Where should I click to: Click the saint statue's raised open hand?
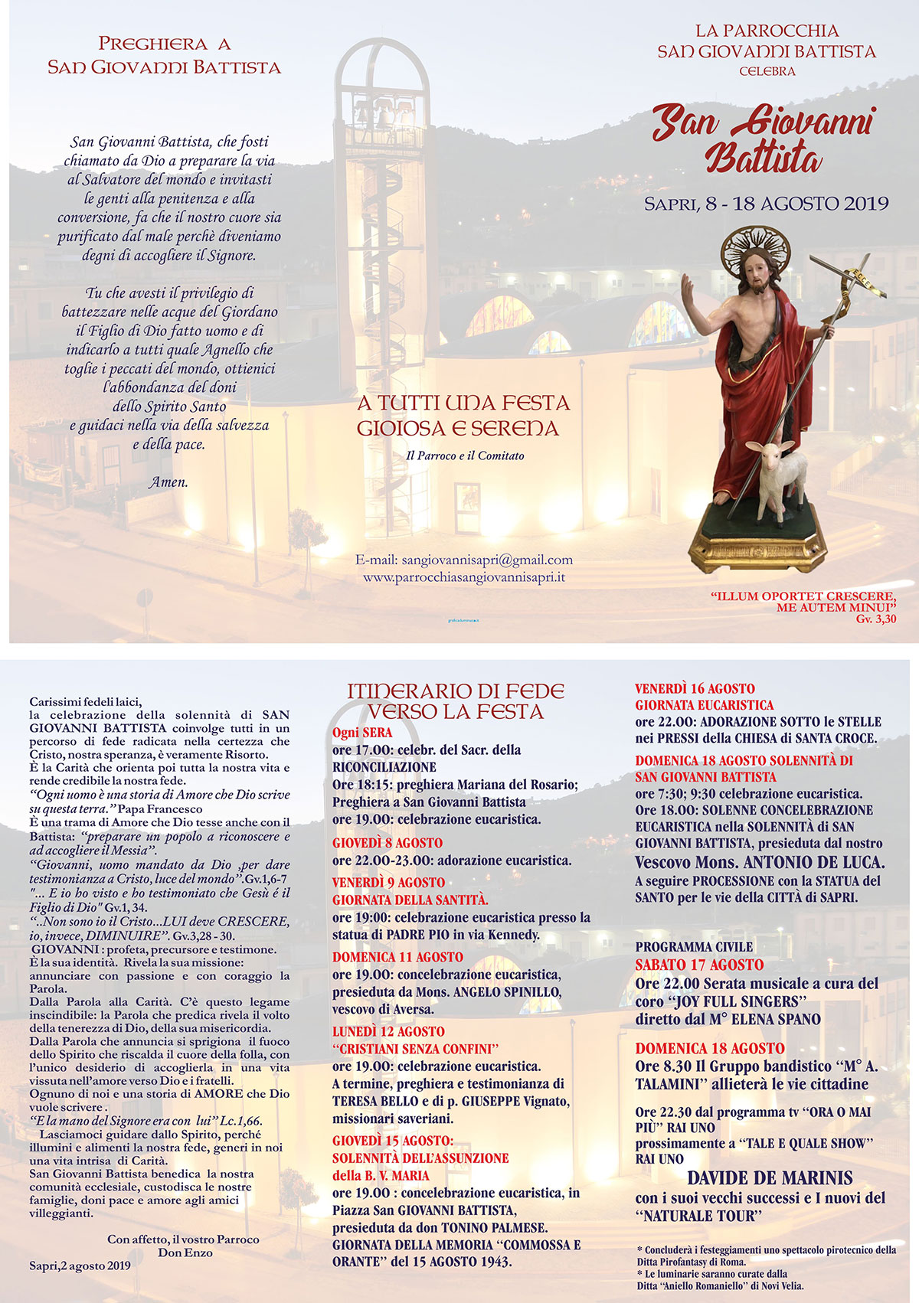coord(688,291)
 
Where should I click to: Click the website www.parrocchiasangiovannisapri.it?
coord(464,577)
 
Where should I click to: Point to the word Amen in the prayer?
coord(168,482)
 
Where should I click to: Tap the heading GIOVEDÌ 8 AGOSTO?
coord(388,843)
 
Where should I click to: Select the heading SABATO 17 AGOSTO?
coord(699,965)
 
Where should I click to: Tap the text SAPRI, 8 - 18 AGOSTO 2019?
coord(766,204)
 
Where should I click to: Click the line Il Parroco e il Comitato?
coord(465,456)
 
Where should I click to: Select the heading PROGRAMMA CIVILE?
coord(694,947)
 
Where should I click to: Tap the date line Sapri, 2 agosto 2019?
coord(80,1265)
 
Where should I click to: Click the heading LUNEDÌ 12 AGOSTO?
coord(388,1031)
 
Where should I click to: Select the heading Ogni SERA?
coord(361,733)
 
